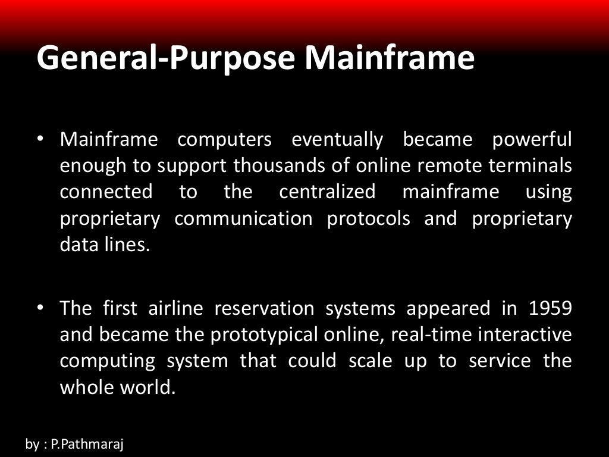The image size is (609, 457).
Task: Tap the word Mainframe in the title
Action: pos(390,58)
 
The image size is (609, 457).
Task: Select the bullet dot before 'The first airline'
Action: pos(40,308)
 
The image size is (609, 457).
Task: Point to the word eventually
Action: pos(337,140)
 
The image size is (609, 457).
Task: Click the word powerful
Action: pos(532,140)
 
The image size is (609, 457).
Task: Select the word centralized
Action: pos(327,192)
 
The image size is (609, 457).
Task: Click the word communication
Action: pos(243,219)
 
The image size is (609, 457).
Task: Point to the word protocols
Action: pos(368,219)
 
